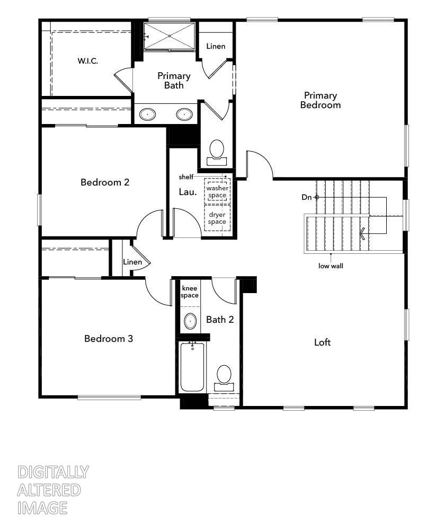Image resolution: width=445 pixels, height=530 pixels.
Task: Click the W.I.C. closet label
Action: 87,61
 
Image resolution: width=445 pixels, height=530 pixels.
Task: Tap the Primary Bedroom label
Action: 320,100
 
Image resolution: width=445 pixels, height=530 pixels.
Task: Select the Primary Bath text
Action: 173,81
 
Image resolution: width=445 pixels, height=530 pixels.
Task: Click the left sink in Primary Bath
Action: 148,114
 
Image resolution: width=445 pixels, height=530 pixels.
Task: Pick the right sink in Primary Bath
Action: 184,114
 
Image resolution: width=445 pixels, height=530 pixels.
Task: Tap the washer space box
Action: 216,192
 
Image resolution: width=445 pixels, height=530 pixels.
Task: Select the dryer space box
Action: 216,218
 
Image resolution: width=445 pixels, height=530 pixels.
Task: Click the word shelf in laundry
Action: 186,176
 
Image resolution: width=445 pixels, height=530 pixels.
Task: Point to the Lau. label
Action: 188,192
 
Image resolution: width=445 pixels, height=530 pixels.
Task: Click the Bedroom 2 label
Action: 105,182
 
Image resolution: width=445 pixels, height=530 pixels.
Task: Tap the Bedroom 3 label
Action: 109,338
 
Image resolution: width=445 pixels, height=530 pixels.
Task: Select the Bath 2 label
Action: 220,319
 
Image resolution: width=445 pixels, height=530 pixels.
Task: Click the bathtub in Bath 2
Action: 192,367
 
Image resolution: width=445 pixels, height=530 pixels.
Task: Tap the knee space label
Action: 190,291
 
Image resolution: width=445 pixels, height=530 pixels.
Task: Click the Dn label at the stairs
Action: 307,197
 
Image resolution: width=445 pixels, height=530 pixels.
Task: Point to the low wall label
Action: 331,266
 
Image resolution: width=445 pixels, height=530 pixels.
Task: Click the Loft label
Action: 322,342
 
